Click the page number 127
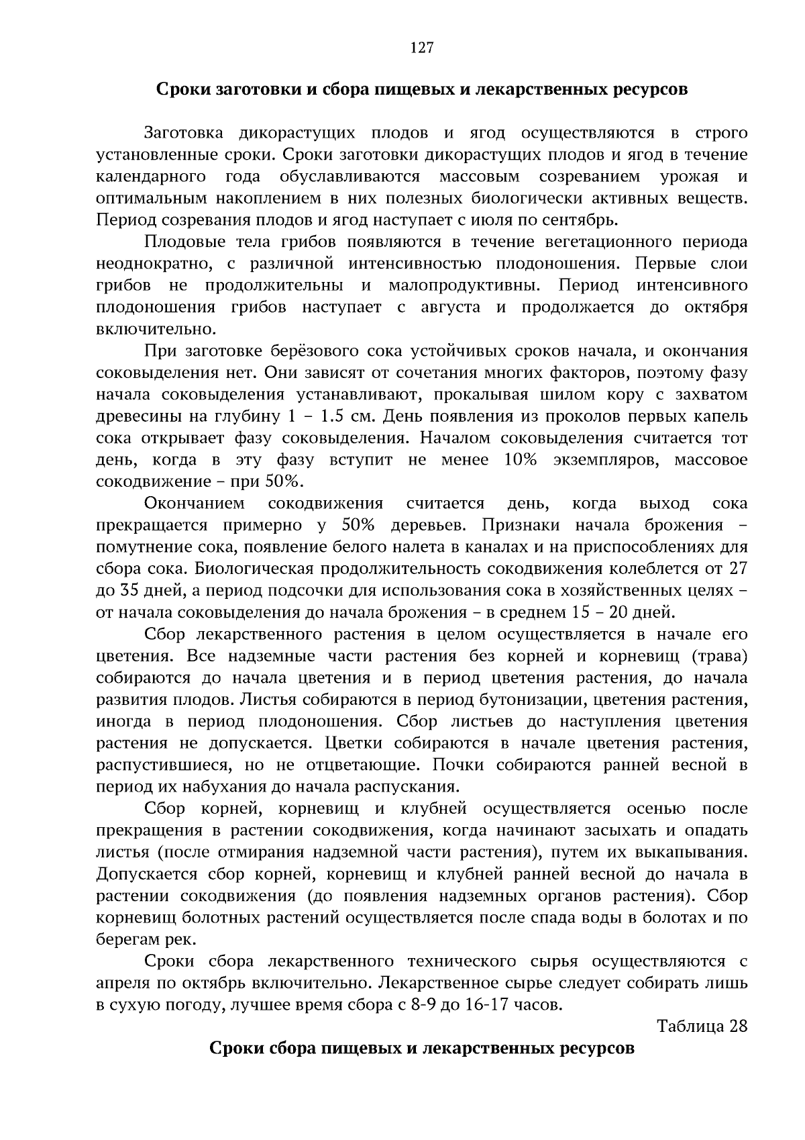click(x=422, y=48)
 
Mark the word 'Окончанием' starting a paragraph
click(x=195, y=504)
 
